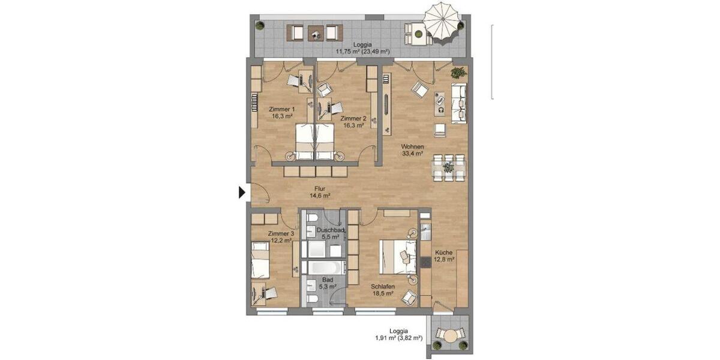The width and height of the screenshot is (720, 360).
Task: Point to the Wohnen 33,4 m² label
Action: coord(413,150)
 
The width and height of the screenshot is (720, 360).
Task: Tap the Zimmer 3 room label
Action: coord(280,236)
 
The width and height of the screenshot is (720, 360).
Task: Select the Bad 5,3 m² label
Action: coord(326,283)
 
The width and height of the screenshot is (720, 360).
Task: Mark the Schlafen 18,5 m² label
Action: coord(382,290)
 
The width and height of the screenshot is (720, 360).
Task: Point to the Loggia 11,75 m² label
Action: coord(362,48)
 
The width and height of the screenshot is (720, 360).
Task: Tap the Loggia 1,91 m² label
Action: coord(398,334)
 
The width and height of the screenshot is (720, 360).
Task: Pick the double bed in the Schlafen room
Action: coord(397,257)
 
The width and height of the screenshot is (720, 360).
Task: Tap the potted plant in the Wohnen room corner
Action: coord(458,73)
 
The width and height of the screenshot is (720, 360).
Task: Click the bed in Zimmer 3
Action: coord(261,259)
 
